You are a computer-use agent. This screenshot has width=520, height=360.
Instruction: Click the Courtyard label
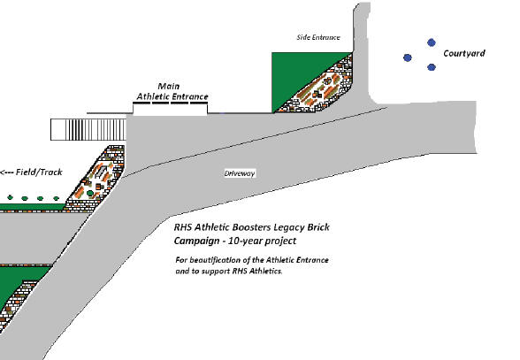coord(464,54)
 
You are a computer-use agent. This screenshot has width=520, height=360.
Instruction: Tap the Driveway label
coord(240,173)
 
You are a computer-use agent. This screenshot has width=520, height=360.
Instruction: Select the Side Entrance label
coord(318,37)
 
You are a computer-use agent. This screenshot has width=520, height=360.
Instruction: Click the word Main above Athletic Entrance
coord(168,87)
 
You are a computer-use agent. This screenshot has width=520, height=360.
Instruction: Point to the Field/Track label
coord(39,172)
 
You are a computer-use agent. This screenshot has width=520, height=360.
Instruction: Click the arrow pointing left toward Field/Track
coord(7,172)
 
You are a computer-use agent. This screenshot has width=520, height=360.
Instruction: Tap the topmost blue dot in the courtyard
coord(432,42)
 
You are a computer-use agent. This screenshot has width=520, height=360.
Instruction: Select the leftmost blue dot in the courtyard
coord(408,57)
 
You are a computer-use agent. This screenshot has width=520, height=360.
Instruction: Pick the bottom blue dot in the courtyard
coord(432,67)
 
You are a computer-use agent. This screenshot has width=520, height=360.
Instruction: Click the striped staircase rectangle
coord(88,129)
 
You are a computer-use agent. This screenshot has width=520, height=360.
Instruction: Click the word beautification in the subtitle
coord(218,260)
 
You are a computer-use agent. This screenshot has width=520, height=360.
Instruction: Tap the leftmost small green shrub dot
coord(11,198)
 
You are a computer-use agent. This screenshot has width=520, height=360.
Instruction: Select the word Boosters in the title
coord(251,227)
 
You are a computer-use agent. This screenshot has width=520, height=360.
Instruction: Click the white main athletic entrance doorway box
coord(170,109)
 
